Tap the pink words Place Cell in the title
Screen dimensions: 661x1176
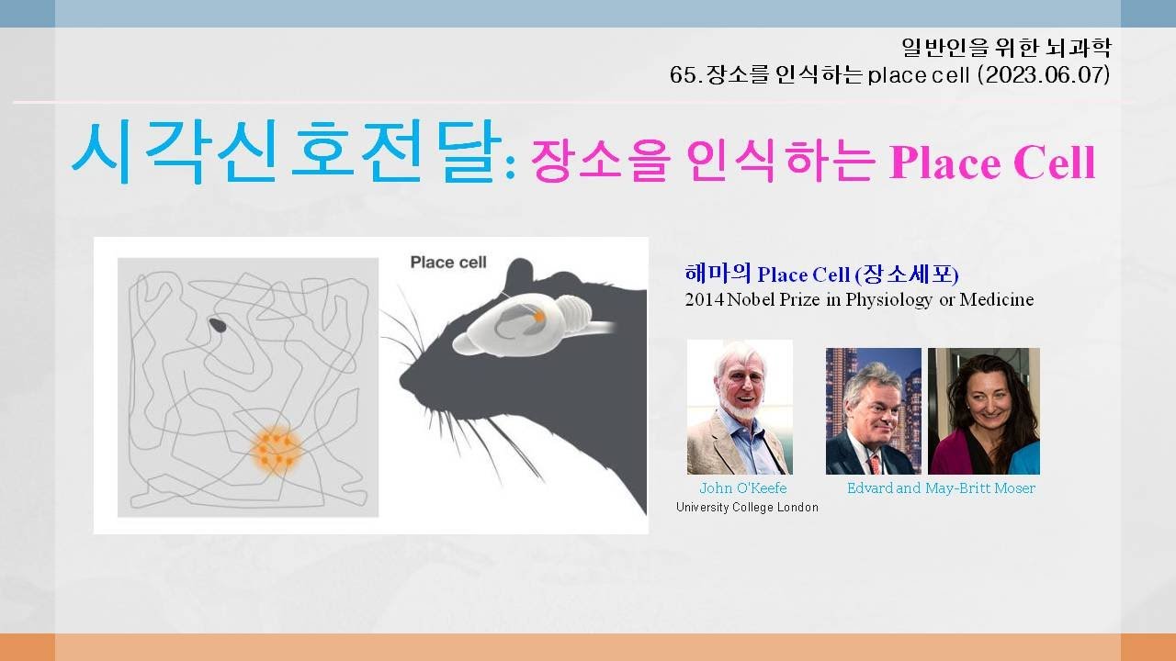[992, 163]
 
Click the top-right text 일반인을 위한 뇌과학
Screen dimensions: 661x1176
[1006, 48]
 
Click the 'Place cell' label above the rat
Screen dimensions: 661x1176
[448, 263]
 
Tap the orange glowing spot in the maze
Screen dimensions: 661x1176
[276, 448]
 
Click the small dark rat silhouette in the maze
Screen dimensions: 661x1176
[218, 324]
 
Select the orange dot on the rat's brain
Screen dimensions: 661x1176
[539, 316]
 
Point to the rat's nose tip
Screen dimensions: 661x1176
[404, 386]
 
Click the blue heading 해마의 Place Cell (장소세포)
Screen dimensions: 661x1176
[822, 274]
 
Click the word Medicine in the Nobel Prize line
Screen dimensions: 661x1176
[997, 300]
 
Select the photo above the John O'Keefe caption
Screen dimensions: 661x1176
[740, 407]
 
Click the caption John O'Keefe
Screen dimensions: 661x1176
[743, 488]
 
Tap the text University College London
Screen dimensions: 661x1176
[747, 508]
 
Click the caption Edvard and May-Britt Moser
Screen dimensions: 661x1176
[941, 488]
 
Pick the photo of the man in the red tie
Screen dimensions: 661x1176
[873, 410]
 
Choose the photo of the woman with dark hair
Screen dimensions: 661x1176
[984, 410]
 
